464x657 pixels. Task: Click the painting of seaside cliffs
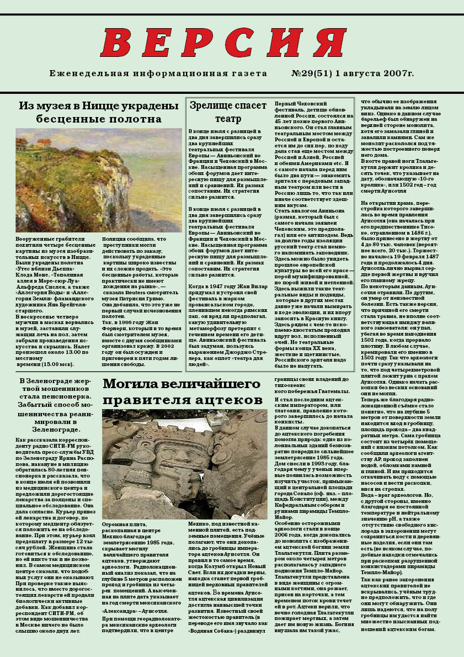click(x=99, y=180)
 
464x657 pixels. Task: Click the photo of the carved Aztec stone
click(x=184, y=456)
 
